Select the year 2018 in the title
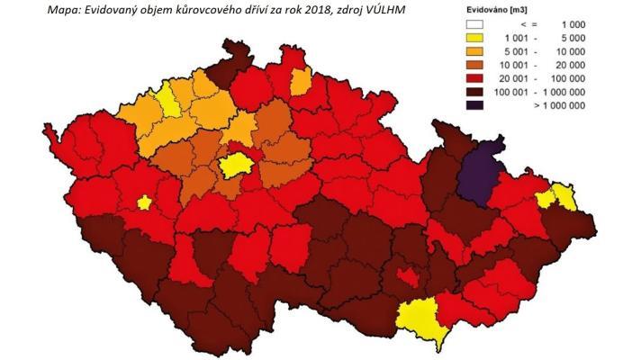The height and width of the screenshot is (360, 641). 311,10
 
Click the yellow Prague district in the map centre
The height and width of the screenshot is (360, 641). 234,164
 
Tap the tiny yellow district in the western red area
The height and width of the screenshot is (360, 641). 144,202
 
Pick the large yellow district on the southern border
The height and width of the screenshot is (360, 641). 421,319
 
